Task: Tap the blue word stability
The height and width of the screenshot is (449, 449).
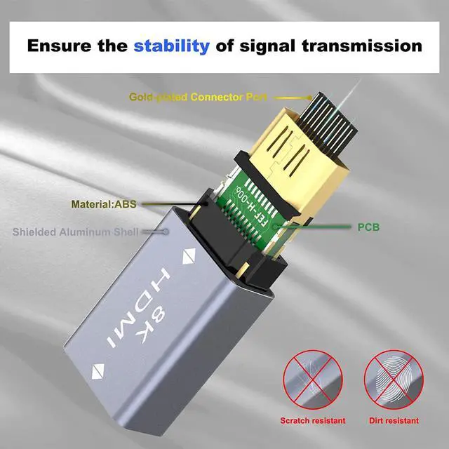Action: pos(171,46)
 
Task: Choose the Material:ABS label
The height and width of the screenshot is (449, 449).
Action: pos(102,205)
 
